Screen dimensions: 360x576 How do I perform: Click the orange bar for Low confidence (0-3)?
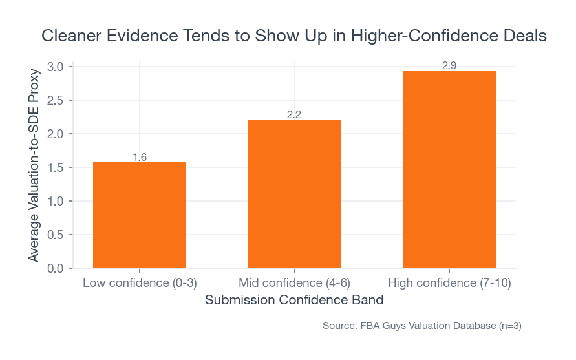tap(140, 215)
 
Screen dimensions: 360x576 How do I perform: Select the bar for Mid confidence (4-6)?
tap(294, 194)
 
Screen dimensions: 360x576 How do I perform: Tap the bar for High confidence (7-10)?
tap(449, 169)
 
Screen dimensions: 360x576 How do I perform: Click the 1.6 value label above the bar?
tap(140, 157)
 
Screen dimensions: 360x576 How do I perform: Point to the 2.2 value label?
tap(294, 115)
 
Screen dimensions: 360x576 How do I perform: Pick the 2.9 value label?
tap(449, 66)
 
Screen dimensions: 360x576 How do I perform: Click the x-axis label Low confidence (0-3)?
tap(140, 283)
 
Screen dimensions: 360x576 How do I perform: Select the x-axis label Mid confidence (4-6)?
tap(294, 283)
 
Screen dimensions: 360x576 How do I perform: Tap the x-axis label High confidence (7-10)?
tap(449, 283)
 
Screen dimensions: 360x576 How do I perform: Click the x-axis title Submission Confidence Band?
tap(294, 301)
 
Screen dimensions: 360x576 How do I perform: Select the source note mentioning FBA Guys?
tap(421, 326)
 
